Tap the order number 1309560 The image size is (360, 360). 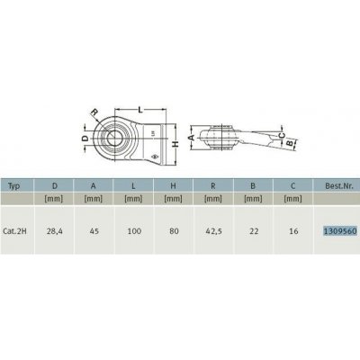[x=337, y=229]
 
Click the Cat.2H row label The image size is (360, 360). [x=18, y=229]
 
